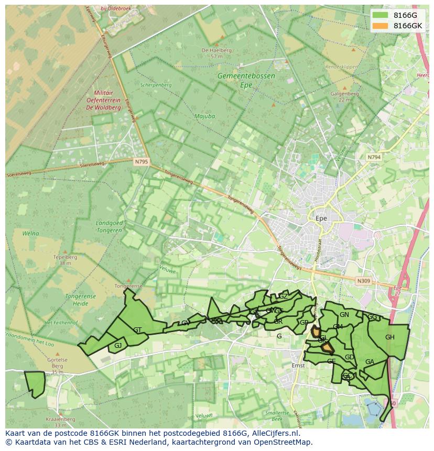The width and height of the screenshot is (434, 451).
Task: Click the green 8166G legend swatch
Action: click(380, 15)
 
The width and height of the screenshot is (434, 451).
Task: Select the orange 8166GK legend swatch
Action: click(380, 26)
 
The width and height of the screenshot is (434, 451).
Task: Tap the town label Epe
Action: click(321, 218)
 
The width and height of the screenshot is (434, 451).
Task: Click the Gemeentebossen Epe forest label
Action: click(246, 80)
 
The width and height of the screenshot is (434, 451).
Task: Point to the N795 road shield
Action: click(141, 162)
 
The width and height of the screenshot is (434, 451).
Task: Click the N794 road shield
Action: click(374, 157)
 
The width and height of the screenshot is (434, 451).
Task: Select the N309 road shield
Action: click(364, 281)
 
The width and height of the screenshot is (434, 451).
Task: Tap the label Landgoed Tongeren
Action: click(110, 226)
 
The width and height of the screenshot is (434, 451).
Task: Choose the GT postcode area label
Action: click(137, 330)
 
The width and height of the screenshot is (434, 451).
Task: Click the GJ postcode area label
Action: click(118, 345)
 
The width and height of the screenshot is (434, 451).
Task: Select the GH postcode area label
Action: click(389, 337)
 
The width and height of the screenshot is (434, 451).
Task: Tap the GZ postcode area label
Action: click(283, 296)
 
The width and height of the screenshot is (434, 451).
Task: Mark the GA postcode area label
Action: click(370, 362)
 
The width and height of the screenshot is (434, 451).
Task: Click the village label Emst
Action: click(298, 366)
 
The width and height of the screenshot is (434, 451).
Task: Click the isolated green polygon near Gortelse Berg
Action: click(35, 383)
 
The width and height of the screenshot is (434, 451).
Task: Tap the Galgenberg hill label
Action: click(344, 94)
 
